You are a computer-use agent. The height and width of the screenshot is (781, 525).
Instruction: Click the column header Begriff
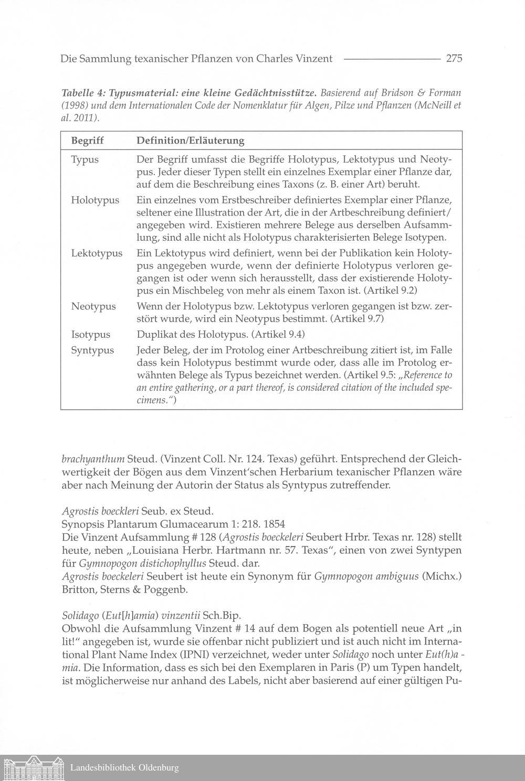tap(87, 141)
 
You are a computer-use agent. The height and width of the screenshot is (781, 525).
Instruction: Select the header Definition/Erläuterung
tap(190, 141)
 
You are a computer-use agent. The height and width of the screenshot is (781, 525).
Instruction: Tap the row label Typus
tap(85, 159)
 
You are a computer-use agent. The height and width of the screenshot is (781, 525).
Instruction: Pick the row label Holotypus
tap(95, 200)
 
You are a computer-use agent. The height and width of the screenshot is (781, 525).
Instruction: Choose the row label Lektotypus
tap(97, 253)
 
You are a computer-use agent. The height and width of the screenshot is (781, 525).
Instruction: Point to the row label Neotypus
tap(93, 306)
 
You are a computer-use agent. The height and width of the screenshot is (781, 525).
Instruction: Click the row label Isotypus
tap(91, 334)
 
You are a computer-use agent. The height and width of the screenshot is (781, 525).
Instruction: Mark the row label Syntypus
tap(92, 350)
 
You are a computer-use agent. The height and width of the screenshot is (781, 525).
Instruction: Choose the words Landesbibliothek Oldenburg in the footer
tap(124, 768)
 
